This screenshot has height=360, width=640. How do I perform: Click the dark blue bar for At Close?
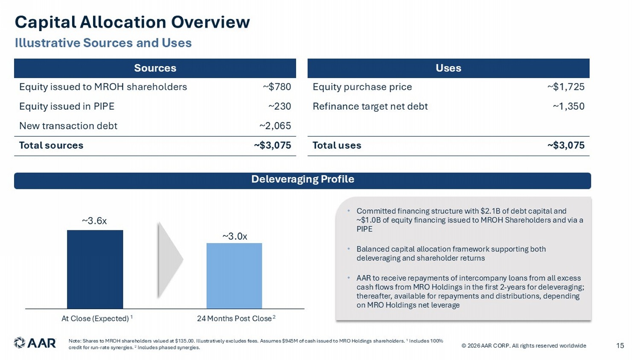tap(95, 269)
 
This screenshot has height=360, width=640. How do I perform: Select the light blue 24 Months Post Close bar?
tap(234, 276)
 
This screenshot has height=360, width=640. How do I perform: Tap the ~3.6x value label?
tap(94, 221)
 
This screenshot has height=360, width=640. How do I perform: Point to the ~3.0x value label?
tap(235, 236)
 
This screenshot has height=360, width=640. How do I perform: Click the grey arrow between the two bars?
tap(170, 260)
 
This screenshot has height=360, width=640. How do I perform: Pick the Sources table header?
tap(155, 68)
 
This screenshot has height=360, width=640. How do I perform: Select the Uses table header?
tap(448, 68)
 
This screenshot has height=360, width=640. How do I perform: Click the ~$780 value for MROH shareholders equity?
tap(277, 87)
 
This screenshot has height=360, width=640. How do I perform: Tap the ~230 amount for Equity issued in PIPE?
tap(280, 106)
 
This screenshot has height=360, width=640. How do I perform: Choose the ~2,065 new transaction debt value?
tap(275, 126)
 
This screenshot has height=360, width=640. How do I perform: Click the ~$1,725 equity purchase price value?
tap(566, 87)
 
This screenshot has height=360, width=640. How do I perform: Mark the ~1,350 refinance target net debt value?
tap(569, 106)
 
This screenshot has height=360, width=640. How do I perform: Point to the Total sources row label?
tap(51, 145)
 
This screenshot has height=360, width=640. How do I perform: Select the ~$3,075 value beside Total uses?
tap(566, 145)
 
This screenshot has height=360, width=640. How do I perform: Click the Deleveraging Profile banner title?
tap(303, 179)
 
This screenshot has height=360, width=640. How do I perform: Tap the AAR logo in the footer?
tap(35, 343)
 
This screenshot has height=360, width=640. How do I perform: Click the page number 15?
tap(620, 346)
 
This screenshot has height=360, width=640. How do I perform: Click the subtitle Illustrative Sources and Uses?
tap(103, 43)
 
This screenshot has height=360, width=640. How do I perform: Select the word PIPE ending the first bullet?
tap(364, 229)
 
